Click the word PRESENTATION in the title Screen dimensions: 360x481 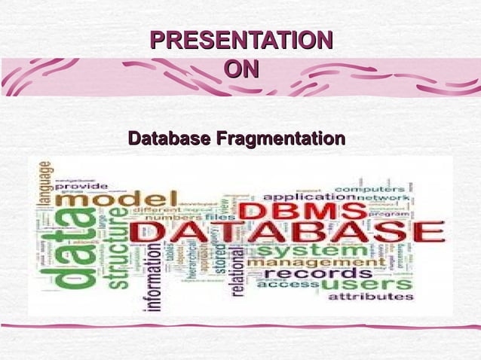241,41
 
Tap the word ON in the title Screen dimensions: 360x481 241,70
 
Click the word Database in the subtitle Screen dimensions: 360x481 170,139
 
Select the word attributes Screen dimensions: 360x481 370,297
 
